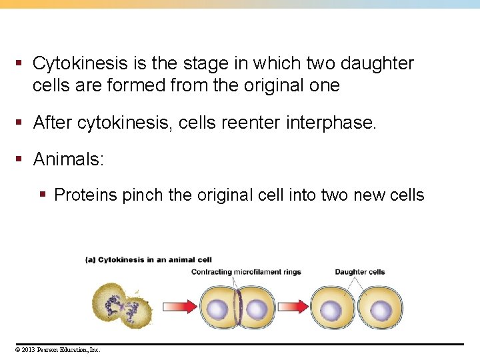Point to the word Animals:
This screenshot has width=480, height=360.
tap(67, 159)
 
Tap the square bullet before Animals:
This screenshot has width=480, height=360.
tap(20, 159)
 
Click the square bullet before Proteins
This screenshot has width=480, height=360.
tap(43, 195)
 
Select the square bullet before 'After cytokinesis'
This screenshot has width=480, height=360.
tap(20, 123)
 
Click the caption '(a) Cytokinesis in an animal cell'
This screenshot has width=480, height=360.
tap(148, 260)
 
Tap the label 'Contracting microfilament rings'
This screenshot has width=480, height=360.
tap(246, 272)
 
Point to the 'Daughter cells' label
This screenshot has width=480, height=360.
tap(360, 272)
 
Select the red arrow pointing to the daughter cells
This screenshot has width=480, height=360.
tap(292, 306)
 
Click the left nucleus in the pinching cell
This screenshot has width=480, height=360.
tap(218, 309)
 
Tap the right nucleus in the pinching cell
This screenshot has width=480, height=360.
tap(257, 309)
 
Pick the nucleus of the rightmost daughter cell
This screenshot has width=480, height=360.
tap(381, 310)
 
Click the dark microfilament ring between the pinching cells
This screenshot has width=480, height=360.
tap(238, 307)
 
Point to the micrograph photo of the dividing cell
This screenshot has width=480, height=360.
tap(121, 303)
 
